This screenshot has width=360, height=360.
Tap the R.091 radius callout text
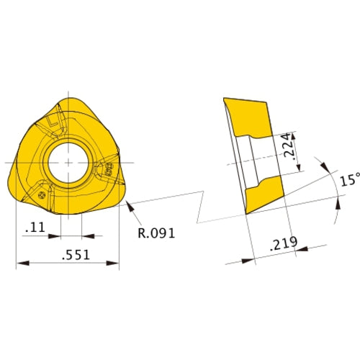[157, 233]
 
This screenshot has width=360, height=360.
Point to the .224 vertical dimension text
[287, 145]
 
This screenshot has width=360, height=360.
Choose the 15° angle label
[348, 180]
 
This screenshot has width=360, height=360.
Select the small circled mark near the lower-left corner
[42, 194]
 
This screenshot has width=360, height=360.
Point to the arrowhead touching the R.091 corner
[127, 207]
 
